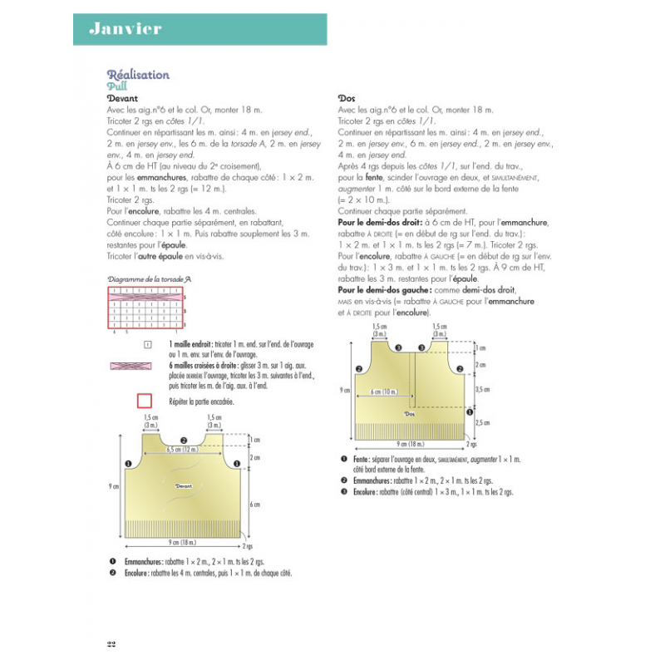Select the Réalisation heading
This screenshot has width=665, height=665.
138,75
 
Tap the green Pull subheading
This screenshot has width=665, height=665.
116,86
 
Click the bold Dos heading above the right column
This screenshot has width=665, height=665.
347,98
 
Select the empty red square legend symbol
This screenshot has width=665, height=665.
144,401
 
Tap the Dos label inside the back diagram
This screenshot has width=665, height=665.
409,413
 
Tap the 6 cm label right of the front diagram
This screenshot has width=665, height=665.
254,504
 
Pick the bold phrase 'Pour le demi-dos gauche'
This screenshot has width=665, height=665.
383,290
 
